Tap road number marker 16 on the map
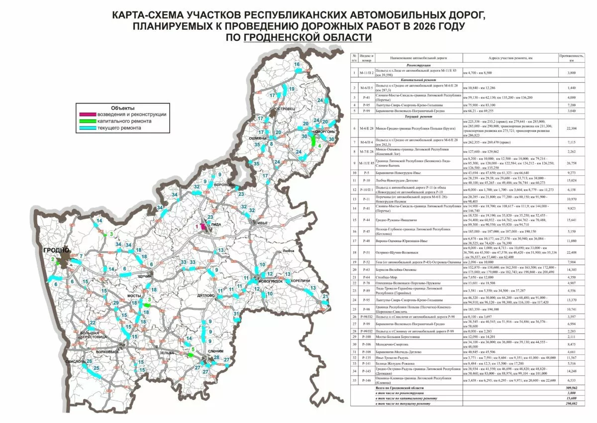click(x=297, y=65)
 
